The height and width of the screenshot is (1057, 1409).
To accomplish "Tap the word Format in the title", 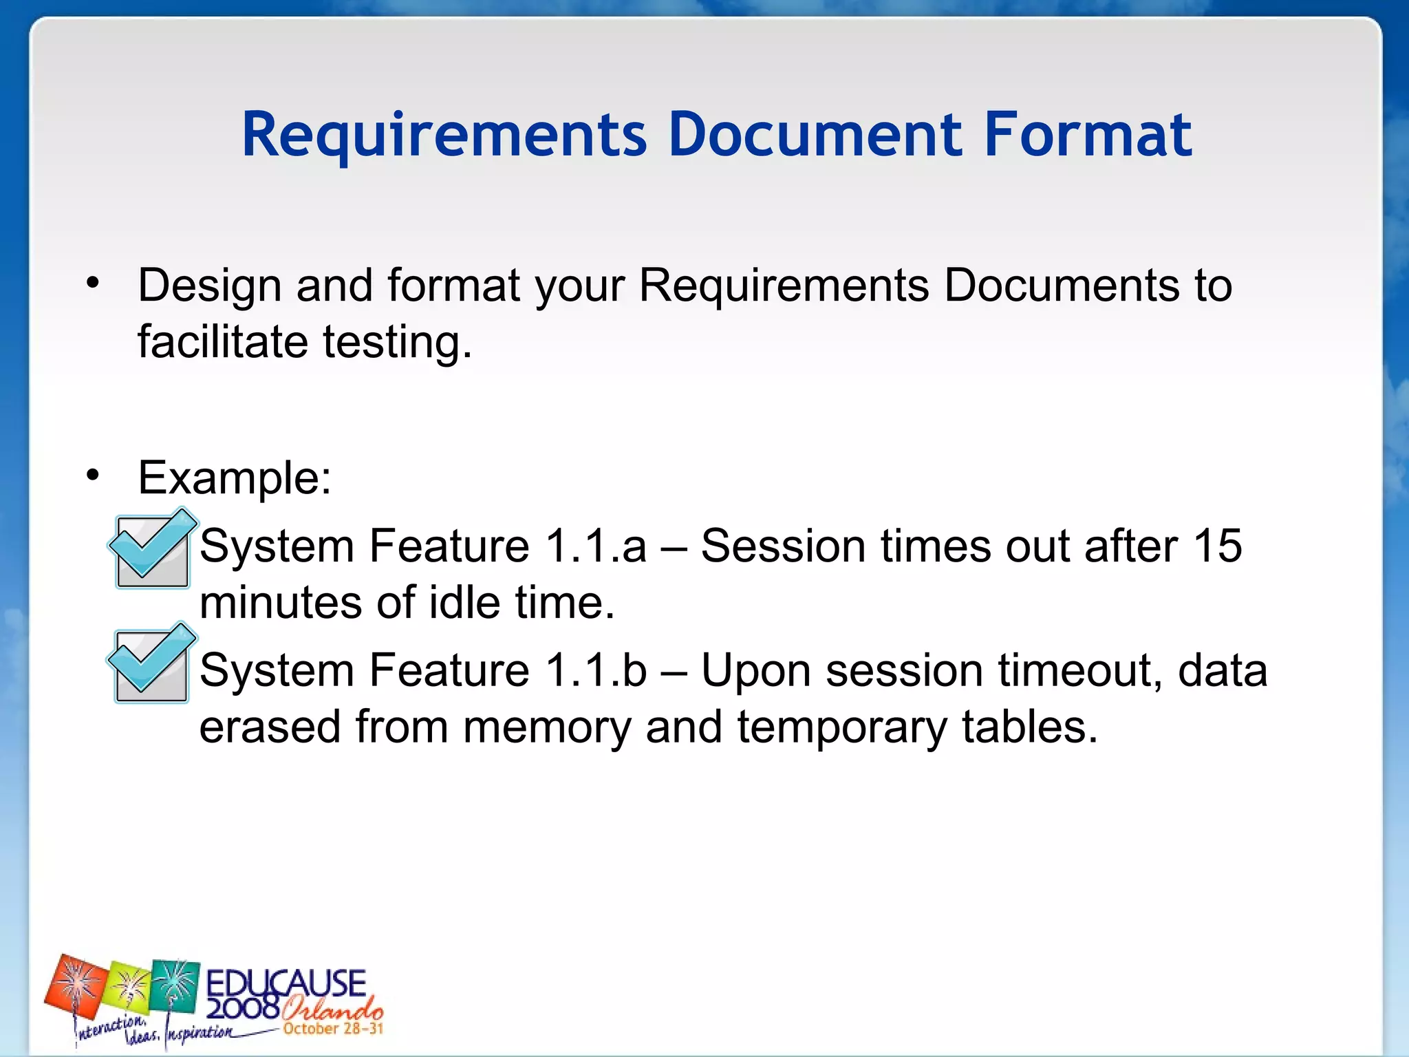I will tap(1088, 135).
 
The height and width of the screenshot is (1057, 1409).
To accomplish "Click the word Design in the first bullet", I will tap(209, 285).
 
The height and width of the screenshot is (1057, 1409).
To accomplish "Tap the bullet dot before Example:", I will tap(94, 475).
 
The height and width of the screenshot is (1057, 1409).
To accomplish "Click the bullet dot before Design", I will tap(94, 282).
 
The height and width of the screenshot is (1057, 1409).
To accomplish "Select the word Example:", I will tap(235, 478).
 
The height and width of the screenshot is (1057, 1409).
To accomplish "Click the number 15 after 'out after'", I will tap(1217, 546).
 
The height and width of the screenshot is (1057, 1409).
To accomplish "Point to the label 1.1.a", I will tap(596, 546).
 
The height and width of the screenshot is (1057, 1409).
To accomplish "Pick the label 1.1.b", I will tap(596, 670).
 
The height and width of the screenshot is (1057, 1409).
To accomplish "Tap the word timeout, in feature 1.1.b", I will tap(1080, 670).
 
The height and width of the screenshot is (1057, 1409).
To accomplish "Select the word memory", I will tap(546, 727).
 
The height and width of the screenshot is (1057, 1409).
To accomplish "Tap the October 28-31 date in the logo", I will tap(332, 1029).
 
